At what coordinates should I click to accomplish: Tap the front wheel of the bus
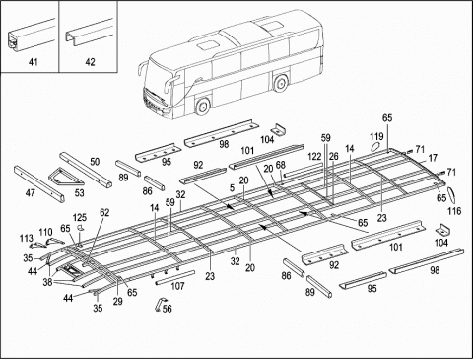tap(204, 107)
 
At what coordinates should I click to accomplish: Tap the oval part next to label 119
tap(374, 149)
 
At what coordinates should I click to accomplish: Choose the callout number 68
tap(280, 166)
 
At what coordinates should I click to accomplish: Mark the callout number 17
tap(432, 158)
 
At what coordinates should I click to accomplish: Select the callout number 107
tap(177, 286)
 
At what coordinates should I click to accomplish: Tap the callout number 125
tap(79, 217)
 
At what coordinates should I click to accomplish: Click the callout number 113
tap(27, 238)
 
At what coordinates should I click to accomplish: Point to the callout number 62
tap(104, 212)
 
